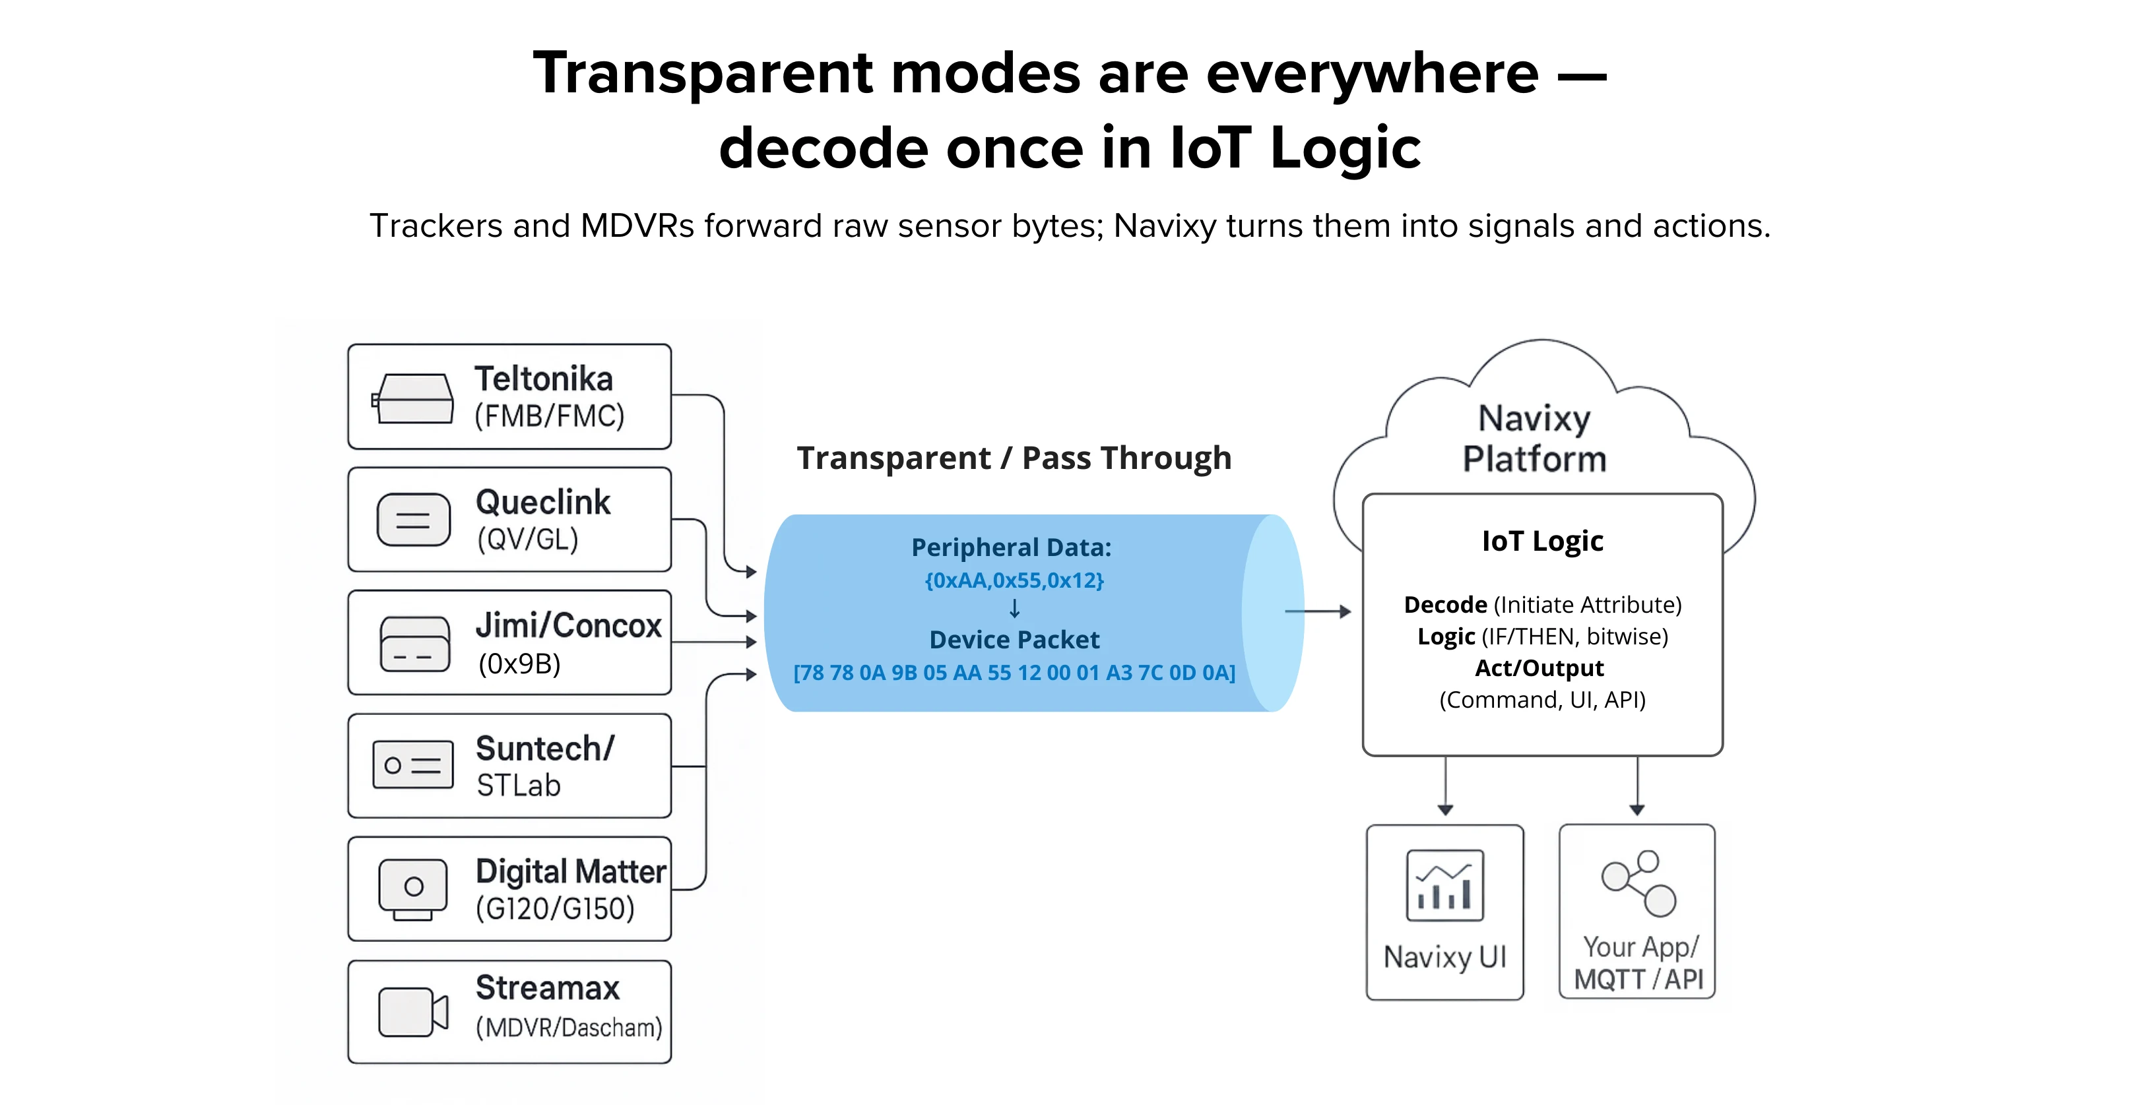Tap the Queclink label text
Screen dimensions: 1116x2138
click(x=543, y=503)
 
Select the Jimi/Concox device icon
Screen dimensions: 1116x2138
click(x=414, y=644)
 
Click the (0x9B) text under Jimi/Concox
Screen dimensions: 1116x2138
click(x=519, y=664)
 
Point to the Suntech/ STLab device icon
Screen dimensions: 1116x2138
click(x=412, y=765)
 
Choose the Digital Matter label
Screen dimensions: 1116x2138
click(x=570, y=872)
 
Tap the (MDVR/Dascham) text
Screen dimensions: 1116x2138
click(x=569, y=1028)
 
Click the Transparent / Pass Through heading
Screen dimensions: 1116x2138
click(x=1014, y=458)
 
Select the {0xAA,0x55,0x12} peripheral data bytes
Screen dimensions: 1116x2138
click(x=1014, y=580)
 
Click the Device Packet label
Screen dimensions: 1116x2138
click(x=1014, y=640)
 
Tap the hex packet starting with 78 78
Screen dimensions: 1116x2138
click(x=1014, y=673)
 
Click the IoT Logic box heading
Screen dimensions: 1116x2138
click(x=1542, y=541)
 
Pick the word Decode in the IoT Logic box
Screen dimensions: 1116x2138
click(x=1445, y=605)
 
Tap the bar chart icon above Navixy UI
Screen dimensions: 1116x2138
click(x=1444, y=885)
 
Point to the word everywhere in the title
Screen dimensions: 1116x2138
click(x=1372, y=74)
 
